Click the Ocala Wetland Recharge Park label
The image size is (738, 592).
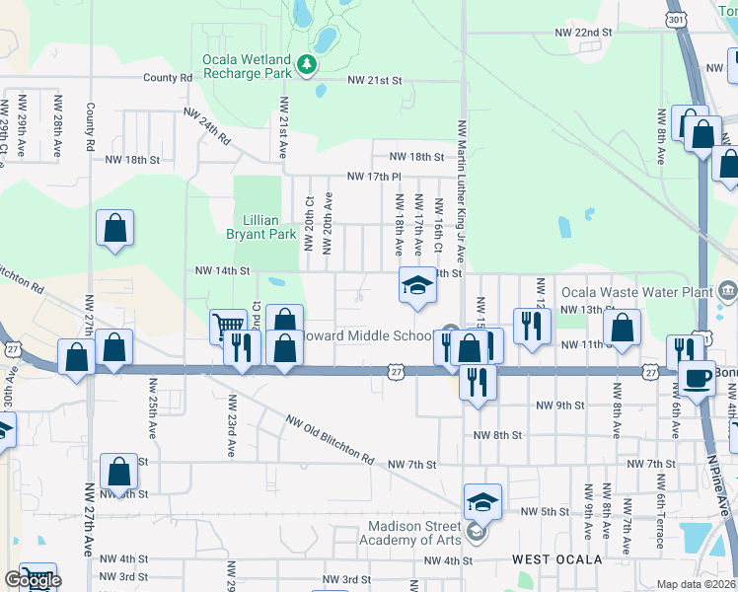pos(248,65)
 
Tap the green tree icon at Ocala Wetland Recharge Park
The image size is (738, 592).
pos(308,65)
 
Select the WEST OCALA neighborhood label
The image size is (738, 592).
pos(556,559)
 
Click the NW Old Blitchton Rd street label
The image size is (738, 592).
pos(331,440)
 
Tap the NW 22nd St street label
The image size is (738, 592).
pos(584,33)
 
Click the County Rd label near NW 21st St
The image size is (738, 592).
pos(167,78)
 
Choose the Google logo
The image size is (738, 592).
pos(32,580)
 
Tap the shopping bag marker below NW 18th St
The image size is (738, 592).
pos(115,229)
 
